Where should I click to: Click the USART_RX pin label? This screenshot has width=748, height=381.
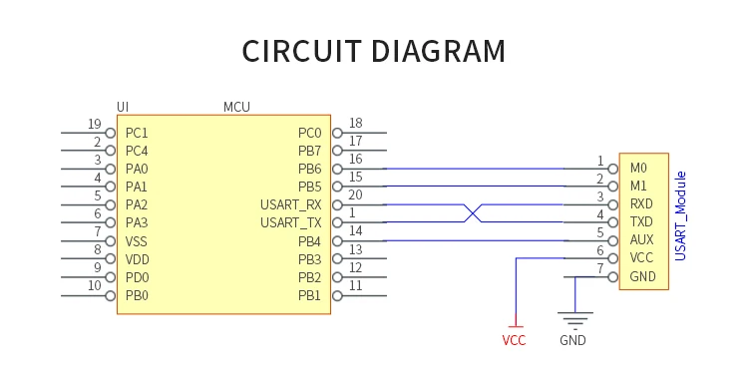click(x=290, y=205)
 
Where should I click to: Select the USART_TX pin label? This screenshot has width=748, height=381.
click(x=290, y=222)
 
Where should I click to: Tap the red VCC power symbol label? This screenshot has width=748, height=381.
click(x=514, y=340)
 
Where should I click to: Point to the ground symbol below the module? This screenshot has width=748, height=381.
click(x=574, y=320)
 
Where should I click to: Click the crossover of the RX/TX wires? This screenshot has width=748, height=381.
click(x=473, y=213)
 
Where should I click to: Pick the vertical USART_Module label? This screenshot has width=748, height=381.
click(x=681, y=216)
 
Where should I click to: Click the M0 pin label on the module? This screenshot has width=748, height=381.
click(x=638, y=168)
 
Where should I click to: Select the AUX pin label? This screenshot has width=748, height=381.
click(x=641, y=239)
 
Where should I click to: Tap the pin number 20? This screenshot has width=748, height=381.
click(x=355, y=195)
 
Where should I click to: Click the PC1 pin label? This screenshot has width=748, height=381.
click(x=137, y=133)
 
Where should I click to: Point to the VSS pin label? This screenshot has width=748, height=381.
click(x=136, y=241)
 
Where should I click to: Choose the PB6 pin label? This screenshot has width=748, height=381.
click(x=309, y=170)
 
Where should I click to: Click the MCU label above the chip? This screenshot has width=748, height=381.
click(x=236, y=107)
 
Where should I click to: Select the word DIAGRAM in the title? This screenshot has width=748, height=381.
click(x=438, y=51)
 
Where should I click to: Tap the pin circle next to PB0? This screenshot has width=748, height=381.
click(x=110, y=295)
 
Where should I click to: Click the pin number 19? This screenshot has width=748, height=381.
click(x=95, y=124)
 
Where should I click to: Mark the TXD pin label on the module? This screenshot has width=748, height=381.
click(x=641, y=221)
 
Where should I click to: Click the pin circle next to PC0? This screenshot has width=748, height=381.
click(x=337, y=133)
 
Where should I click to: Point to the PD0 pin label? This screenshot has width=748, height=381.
click(x=137, y=277)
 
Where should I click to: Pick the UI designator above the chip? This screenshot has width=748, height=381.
click(x=123, y=107)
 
